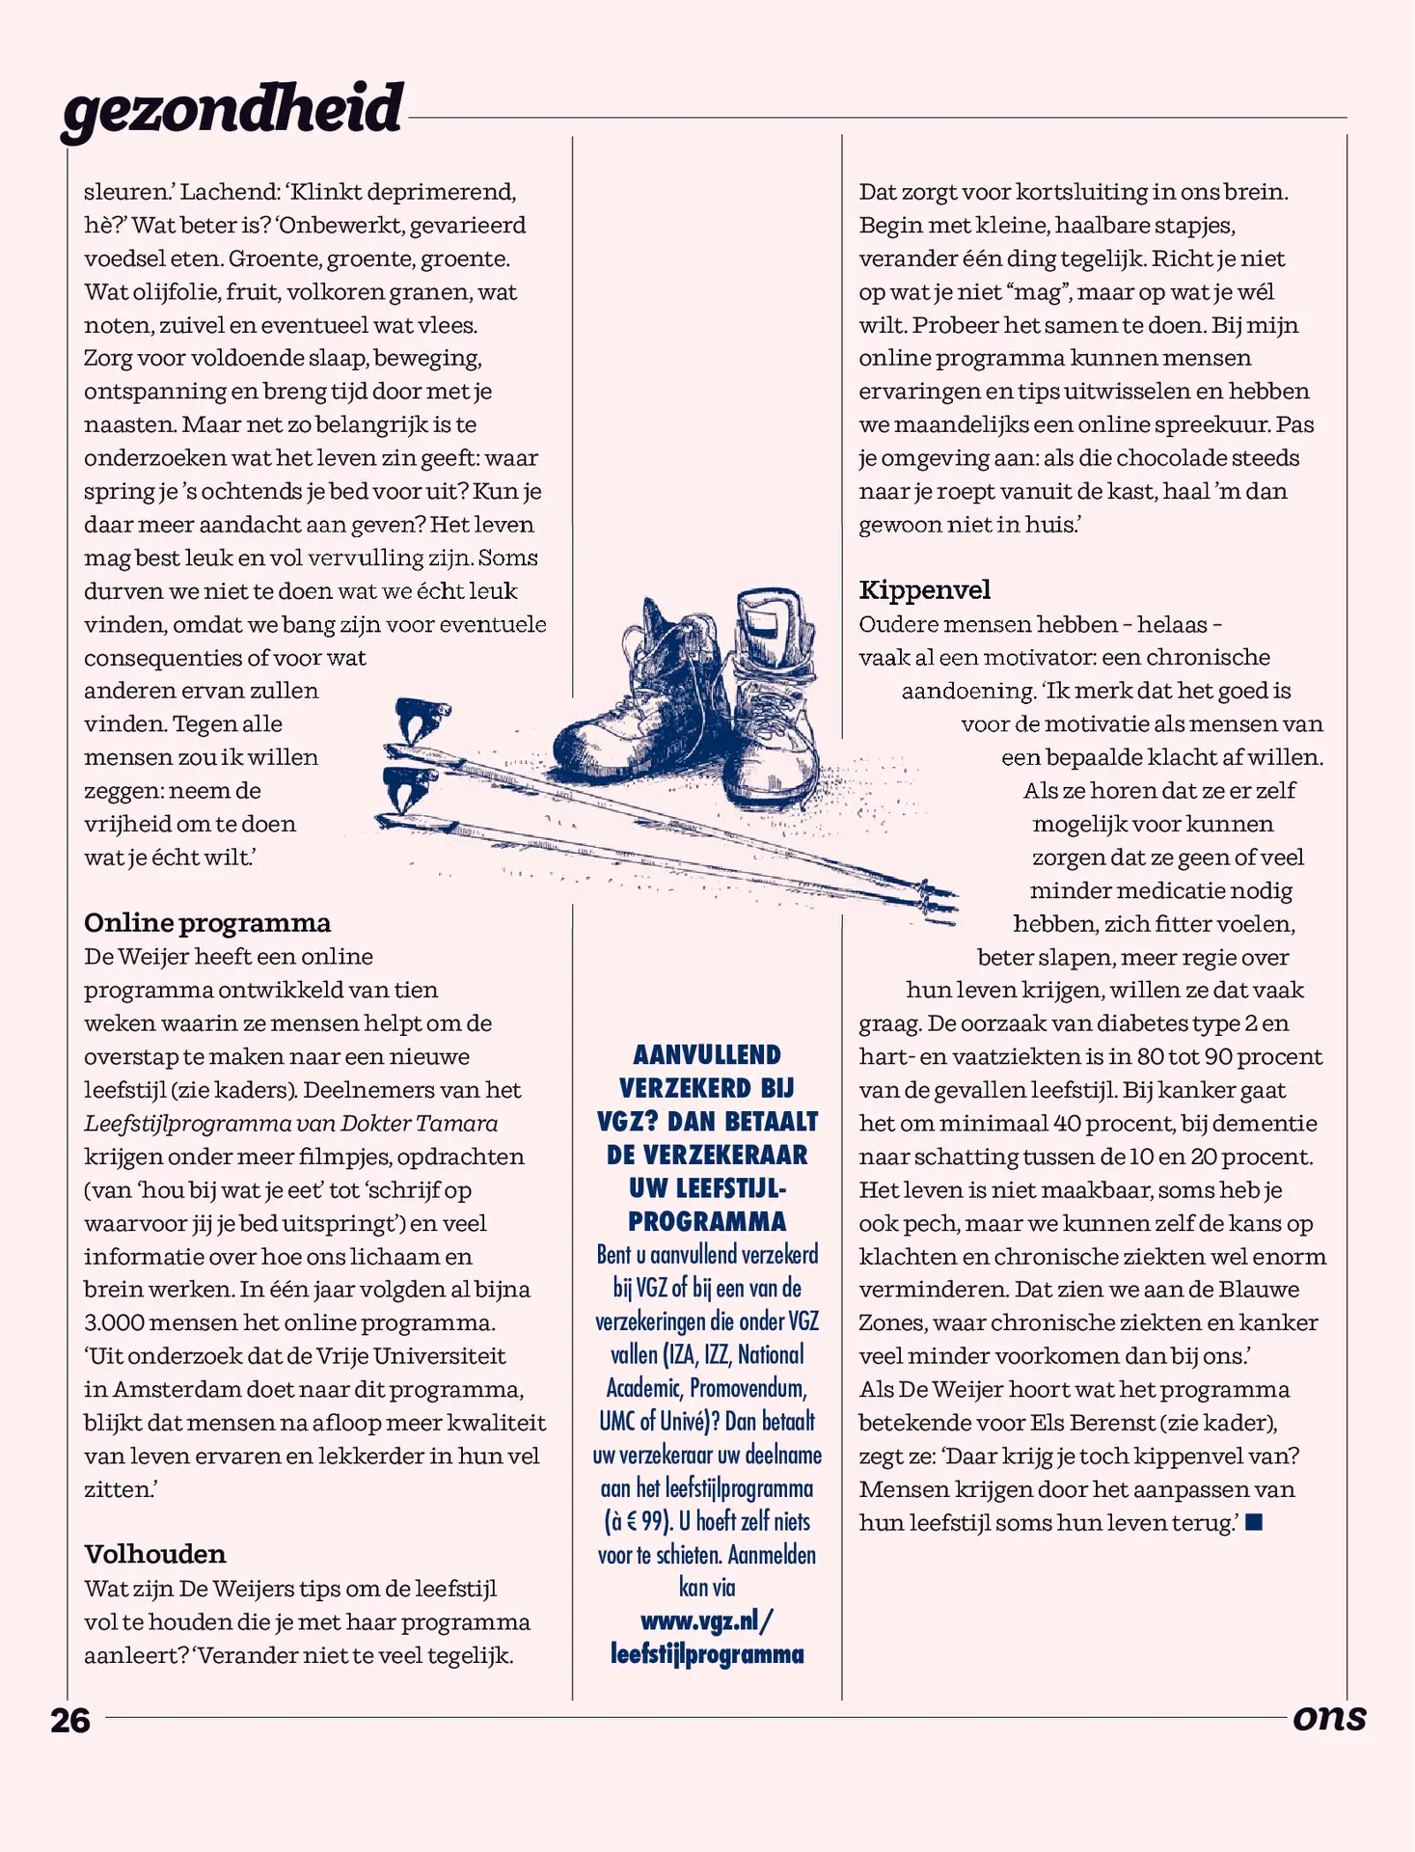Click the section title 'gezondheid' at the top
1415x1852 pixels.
(231, 108)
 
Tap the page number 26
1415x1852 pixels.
(70, 1721)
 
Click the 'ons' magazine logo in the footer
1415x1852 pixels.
(1329, 1718)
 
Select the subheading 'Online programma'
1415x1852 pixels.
(207, 923)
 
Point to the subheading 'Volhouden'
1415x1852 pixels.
(155, 1554)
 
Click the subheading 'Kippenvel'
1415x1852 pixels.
(924, 590)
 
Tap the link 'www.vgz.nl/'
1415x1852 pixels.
(706, 1620)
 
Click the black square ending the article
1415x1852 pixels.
(1254, 1522)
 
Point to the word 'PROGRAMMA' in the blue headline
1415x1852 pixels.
(707, 1221)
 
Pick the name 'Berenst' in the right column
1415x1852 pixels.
(1110, 1423)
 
